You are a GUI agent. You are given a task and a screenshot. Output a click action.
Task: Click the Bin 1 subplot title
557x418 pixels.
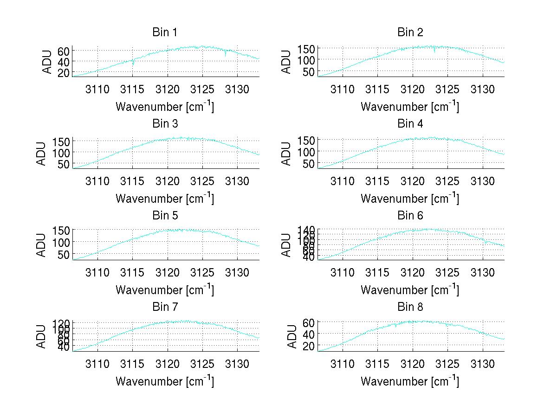click(165, 32)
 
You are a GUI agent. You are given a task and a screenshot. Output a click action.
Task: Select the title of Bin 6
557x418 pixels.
click(410, 216)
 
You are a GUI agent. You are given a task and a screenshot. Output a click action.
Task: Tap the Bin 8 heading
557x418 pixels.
click(410, 307)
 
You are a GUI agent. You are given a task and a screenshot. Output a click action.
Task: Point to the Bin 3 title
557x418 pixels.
click(165, 124)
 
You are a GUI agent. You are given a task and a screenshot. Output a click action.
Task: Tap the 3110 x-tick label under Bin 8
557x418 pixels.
click(343, 363)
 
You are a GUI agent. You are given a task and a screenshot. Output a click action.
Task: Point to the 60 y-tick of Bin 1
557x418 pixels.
click(64, 51)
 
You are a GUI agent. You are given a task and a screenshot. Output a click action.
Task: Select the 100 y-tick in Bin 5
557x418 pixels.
click(61, 242)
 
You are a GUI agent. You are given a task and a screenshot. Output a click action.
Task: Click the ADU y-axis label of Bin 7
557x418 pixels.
click(42, 337)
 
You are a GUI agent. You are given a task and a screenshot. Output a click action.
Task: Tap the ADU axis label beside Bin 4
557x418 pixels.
click(287, 154)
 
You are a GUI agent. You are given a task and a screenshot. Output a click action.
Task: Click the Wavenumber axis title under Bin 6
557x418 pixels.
click(410, 290)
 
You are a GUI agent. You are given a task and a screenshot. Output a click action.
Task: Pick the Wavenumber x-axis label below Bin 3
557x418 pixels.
click(165, 199)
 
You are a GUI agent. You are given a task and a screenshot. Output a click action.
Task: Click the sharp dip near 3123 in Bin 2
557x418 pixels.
click(434, 52)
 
